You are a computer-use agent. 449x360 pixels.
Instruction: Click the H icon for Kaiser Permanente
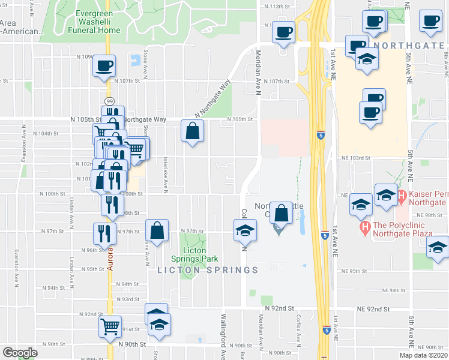[x=402, y=195]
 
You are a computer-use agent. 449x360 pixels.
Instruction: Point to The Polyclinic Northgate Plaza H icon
[x=364, y=228]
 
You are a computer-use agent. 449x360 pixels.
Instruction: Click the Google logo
[x=20, y=353]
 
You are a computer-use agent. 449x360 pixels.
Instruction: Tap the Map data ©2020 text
[x=423, y=355]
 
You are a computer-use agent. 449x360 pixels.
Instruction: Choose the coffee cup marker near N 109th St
[x=105, y=65]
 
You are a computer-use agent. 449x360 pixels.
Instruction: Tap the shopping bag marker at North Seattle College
[x=281, y=212]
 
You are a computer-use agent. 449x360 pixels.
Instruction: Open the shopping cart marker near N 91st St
[x=110, y=327]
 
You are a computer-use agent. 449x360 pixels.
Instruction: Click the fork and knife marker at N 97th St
[x=105, y=233]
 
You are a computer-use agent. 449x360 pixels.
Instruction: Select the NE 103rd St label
[x=354, y=157]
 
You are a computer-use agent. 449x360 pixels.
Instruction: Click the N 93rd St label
[x=127, y=299]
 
